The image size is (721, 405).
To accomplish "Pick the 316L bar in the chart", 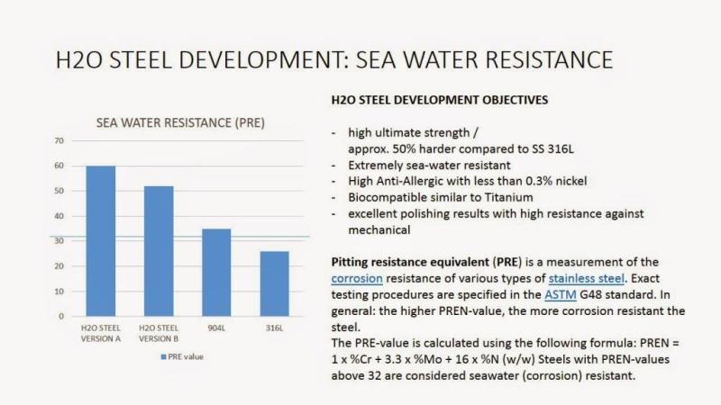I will pyautogui.click(x=275, y=283).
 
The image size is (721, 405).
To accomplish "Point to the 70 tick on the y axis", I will pyautogui.click(x=59, y=140).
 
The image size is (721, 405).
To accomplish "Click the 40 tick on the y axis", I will pyautogui.click(x=59, y=216).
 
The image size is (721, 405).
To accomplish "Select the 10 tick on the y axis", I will pyautogui.click(x=59, y=292).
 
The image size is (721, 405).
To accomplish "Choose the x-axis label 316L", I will pyautogui.click(x=275, y=328).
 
